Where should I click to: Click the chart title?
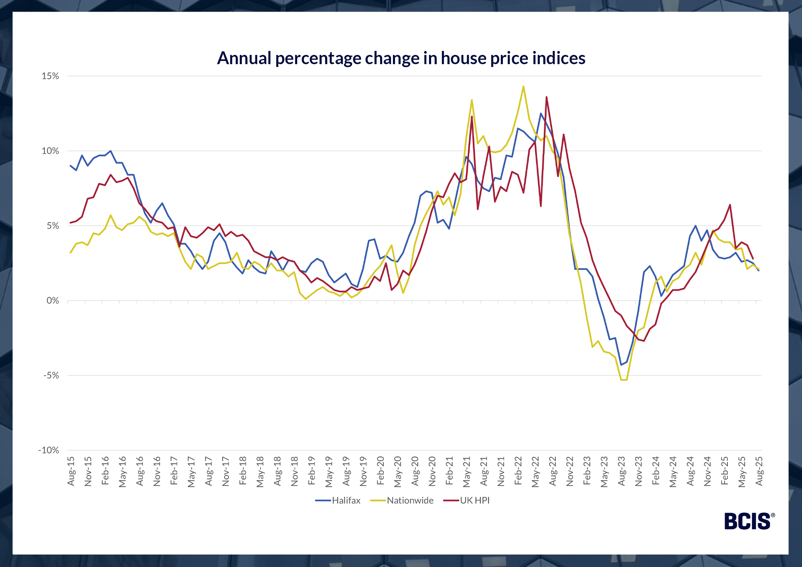click(x=401, y=58)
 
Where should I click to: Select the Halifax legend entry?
click(x=346, y=500)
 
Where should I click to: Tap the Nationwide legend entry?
click(x=410, y=500)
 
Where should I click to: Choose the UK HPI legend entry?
click(x=474, y=500)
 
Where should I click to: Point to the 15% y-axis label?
click(x=51, y=76)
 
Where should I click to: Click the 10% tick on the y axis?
click(x=51, y=151)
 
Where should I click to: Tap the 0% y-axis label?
click(x=53, y=301)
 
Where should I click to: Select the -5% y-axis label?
click(x=51, y=376)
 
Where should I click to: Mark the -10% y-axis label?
click(x=49, y=450)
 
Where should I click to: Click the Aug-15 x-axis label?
click(x=71, y=471)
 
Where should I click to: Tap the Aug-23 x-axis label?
click(x=622, y=471)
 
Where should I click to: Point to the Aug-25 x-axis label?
click(x=759, y=471)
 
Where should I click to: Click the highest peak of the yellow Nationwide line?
click(x=523, y=86)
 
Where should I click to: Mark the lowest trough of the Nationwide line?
click(x=624, y=380)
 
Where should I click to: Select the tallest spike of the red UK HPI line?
click(x=546, y=97)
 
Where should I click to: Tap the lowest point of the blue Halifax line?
click(x=621, y=365)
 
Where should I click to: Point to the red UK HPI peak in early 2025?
click(x=730, y=205)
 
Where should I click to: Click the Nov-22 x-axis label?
click(x=570, y=471)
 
